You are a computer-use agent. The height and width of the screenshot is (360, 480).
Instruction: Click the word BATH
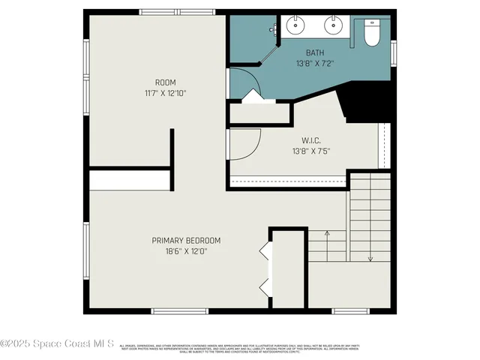click(x=315, y=52)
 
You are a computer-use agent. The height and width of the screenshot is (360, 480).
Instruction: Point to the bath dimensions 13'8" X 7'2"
click(x=315, y=63)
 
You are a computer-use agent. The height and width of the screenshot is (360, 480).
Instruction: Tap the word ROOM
click(x=166, y=82)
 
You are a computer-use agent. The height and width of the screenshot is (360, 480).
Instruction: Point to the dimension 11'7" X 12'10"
click(x=166, y=93)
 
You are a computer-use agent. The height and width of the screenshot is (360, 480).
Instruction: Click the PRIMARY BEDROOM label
click(x=186, y=241)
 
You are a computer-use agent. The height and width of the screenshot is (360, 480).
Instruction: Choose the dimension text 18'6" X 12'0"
click(x=186, y=251)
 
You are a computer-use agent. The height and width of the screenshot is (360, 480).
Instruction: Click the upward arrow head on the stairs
click(x=327, y=233)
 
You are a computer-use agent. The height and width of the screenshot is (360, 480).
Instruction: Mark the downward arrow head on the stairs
click(x=370, y=259)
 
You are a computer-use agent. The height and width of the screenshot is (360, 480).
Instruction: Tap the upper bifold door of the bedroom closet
click(x=264, y=252)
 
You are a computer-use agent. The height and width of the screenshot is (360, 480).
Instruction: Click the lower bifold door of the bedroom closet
click(x=264, y=286)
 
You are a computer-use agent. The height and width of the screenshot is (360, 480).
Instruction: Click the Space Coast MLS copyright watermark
click(x=57, y=343)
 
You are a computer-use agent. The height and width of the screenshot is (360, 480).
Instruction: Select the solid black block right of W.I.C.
click(x=367, y=104)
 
